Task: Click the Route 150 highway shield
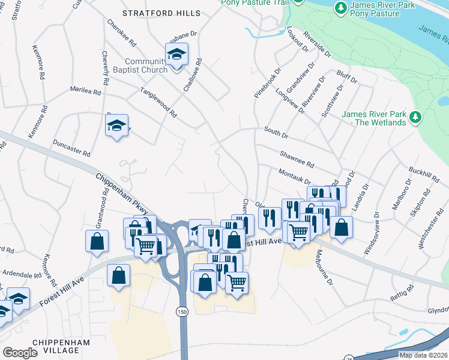tap(182, 311)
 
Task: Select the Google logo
tap(20, 353)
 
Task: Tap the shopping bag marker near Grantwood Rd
tap(97, 241)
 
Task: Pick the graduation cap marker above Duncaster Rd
tap(117, 126)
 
